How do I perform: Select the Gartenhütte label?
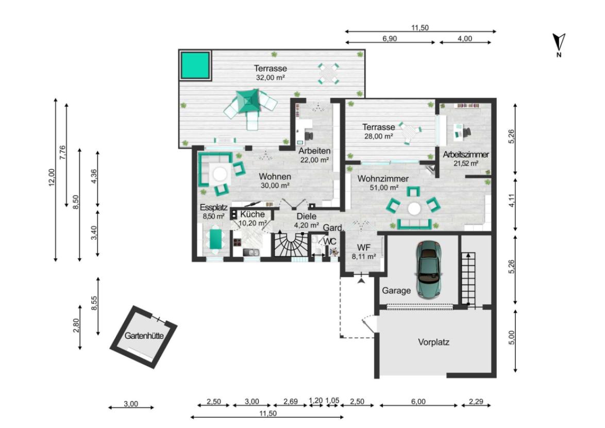(x=144, y=336)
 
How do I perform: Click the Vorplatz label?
(x=434, y=342)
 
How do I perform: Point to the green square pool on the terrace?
(x=195, y=65)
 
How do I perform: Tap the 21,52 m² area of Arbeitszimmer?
(x=466, y=163)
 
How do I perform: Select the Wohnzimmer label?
(x=383, y=179)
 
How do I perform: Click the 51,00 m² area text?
(x=383, y=188)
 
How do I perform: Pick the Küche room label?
(x=253, y=214)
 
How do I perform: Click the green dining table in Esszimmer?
(x=215, y=239)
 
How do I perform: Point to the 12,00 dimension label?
(x=52, y=177)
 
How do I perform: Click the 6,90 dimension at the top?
(x=390, y=39)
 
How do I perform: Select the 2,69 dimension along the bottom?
(x=291, y=401)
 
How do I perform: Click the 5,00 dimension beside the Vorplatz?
(x=512, y=338)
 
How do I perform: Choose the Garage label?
(x=396, y=291)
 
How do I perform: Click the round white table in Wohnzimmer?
(x=414, y=209)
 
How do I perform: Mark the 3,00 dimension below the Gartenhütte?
(x=131, y=404)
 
